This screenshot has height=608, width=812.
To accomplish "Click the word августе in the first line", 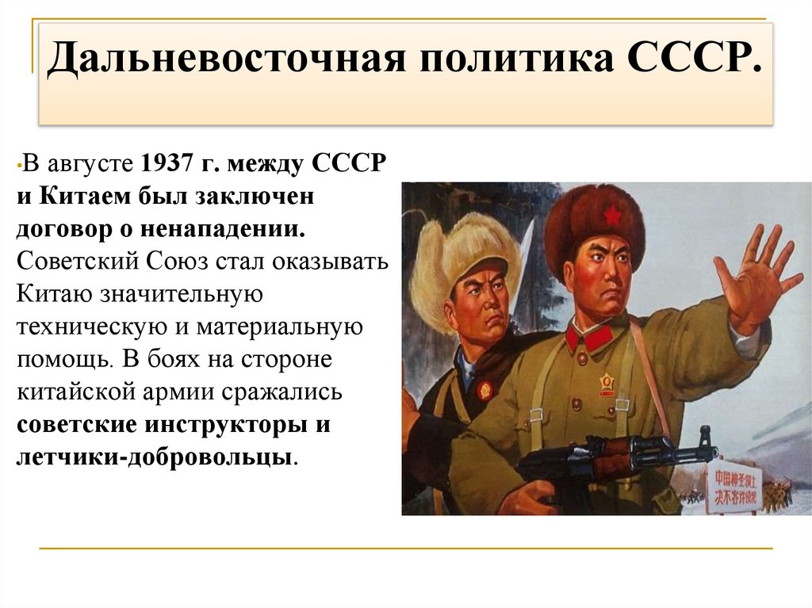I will click(89, 165).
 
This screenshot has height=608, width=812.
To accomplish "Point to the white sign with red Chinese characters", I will click(733, 484).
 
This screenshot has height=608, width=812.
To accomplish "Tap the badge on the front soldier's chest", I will click(607, 384).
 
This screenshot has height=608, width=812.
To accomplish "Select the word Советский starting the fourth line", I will click(68, 262).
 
